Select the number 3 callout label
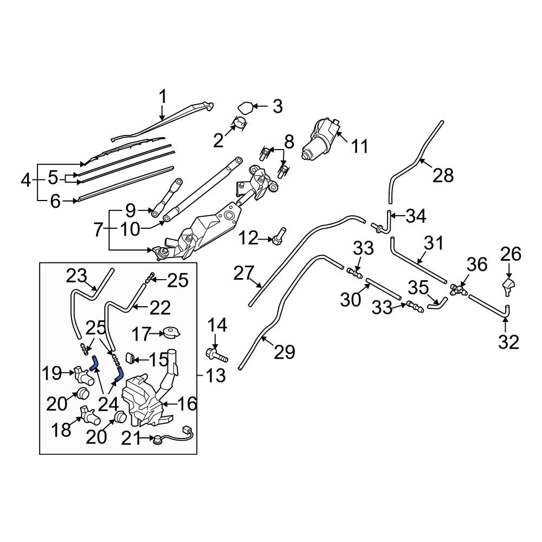[x=277, y=106]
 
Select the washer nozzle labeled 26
[x=508, y=287]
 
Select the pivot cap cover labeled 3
[x=246, y=107]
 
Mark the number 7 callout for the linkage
[x=98, y=230]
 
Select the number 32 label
[x=509, y=342]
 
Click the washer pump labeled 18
[x=89, y=415]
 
